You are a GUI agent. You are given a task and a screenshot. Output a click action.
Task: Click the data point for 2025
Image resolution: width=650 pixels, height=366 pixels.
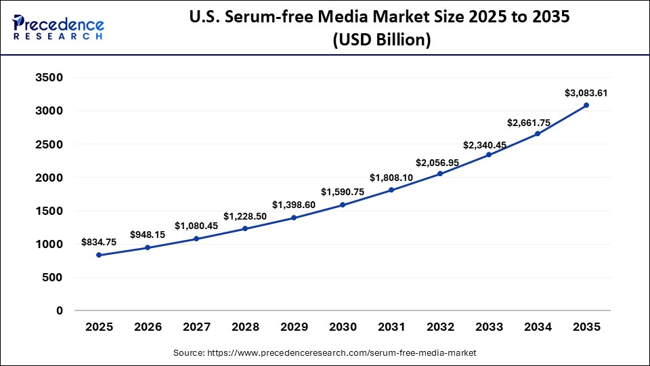(x=99, y=255)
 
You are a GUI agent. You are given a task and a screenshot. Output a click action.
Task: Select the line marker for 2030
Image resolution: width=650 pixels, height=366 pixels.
(x=343, y=205)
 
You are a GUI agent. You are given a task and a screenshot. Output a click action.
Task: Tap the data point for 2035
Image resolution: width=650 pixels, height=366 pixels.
(x=586, y=105)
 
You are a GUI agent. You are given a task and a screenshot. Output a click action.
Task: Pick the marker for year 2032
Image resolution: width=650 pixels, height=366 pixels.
(x=440, y=174)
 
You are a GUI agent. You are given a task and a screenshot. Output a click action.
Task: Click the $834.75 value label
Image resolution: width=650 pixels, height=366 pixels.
(x=99, y=242)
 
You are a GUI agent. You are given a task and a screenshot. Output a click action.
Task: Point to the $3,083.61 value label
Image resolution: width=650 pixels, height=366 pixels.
(x=586, y=93)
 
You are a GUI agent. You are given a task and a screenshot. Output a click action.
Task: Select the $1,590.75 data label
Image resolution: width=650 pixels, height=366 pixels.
(x=343, y=192)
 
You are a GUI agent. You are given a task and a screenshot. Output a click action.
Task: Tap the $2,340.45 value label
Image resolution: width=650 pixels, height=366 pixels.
(x=489, y=145)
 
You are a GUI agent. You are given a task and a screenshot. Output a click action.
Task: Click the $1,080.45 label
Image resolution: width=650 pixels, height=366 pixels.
(x=196, y=226)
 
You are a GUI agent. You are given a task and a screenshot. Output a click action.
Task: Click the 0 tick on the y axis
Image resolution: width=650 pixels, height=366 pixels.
(x=60, y=311)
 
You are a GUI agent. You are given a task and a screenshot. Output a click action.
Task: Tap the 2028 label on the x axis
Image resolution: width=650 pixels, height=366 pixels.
(x=245, y=327)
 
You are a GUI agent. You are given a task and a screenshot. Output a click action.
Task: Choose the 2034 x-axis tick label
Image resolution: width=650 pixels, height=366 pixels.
(x=538, y=327)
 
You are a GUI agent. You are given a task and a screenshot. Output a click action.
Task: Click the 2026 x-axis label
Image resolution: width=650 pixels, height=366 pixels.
(x=148, y=327)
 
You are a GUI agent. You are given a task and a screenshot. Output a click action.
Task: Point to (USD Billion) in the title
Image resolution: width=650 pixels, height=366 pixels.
(x=381, y=41)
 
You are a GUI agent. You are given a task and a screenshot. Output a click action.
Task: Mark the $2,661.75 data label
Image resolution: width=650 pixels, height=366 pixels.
(x=538, y=123)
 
